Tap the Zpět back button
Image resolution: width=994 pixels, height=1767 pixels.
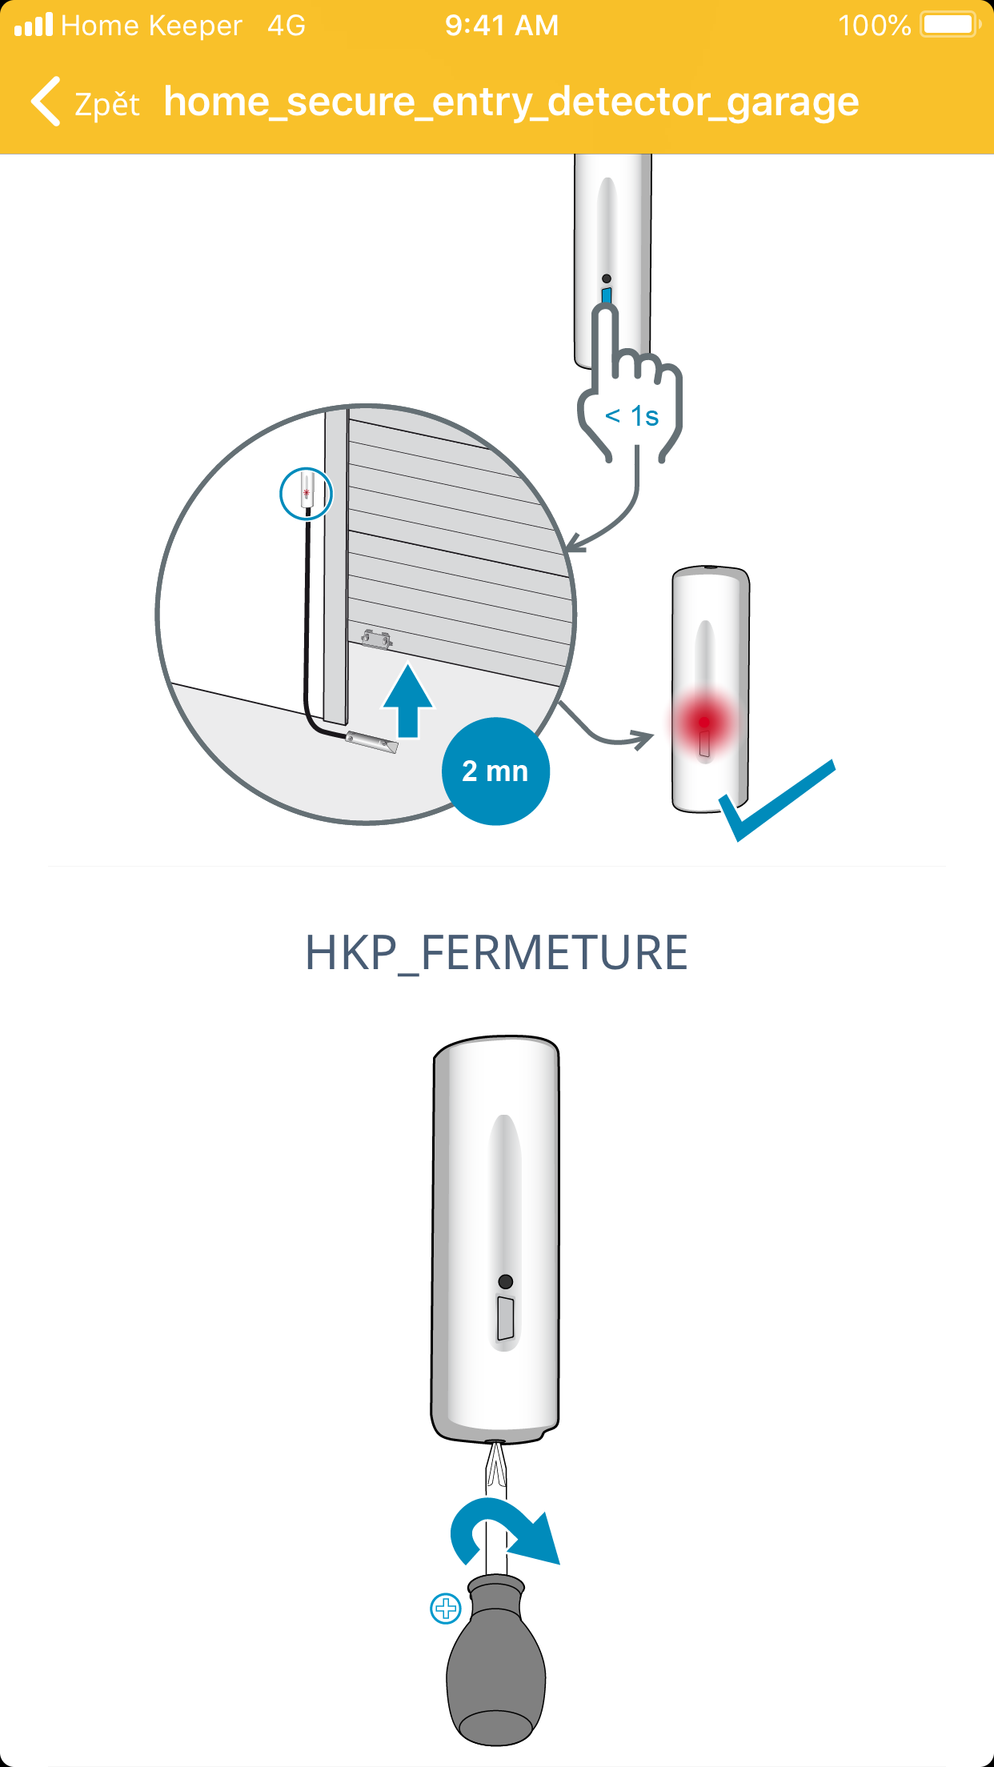tap(85, 102)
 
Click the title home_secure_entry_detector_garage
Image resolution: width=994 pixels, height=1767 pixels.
tap(511, 102)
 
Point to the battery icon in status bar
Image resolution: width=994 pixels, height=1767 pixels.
tap(951, 25)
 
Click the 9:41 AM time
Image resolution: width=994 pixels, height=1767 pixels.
tap(502, 26)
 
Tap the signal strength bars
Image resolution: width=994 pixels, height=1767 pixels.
tap(33, 25)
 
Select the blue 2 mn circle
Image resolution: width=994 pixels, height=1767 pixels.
tap(495, 771)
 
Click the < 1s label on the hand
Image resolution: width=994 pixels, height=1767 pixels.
tap(631, 416)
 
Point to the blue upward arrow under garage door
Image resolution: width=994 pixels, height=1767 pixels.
tap(408, 700)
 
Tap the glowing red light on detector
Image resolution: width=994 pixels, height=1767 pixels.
tap(703, 722)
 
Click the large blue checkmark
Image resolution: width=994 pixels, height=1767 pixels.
tap(776, 800)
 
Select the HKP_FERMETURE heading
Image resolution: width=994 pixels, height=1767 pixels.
tap(496, 952)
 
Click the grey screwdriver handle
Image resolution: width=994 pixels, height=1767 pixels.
tap(496, 1661)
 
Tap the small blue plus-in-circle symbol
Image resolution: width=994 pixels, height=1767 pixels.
tap(446, 1609)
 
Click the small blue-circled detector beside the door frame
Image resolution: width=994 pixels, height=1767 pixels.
tap(306, 494)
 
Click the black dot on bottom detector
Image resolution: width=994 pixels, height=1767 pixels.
tap(505, 1281)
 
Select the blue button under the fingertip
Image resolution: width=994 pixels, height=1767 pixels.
tap(607, 296)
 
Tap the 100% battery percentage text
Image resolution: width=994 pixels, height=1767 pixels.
tap(874, 26)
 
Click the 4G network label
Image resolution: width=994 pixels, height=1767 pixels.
tap(287, 26)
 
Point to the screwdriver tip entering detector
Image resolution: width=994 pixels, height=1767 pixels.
tap(496, 1450)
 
